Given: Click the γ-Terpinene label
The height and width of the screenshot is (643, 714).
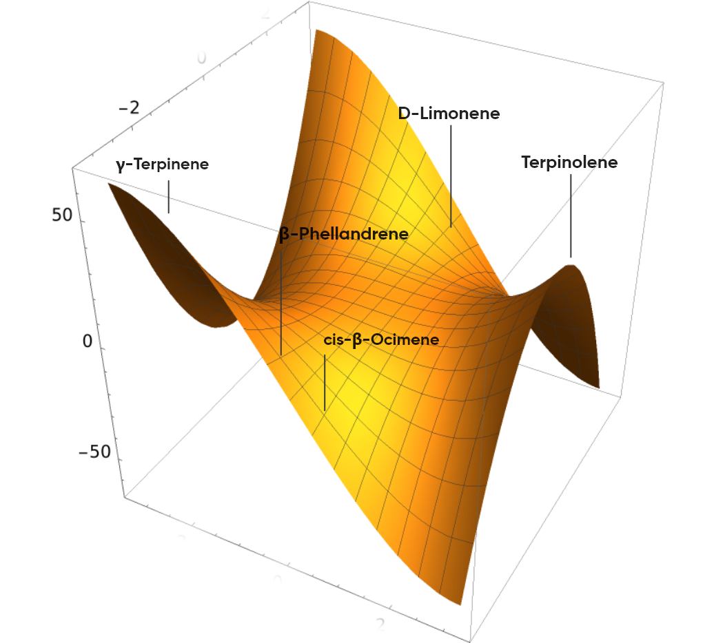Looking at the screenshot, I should click(x=162, y=165).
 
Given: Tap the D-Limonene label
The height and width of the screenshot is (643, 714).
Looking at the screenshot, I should click(x=449, y=114).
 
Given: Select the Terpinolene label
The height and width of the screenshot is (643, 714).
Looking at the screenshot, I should click(x=569, y=162).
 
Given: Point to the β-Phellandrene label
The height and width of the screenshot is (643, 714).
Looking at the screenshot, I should click(x=344, y=234).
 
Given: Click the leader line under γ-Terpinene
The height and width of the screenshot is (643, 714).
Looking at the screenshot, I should click(x=168, y=196).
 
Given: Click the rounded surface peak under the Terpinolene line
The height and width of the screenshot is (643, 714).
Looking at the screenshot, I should click(x=573, y=265).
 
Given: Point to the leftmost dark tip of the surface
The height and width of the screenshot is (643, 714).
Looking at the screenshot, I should click(x=108, y=184).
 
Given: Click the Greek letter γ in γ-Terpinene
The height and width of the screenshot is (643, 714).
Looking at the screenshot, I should click(x=121, y=166).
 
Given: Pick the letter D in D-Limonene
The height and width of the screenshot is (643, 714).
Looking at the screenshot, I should click(x=405, y=114).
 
